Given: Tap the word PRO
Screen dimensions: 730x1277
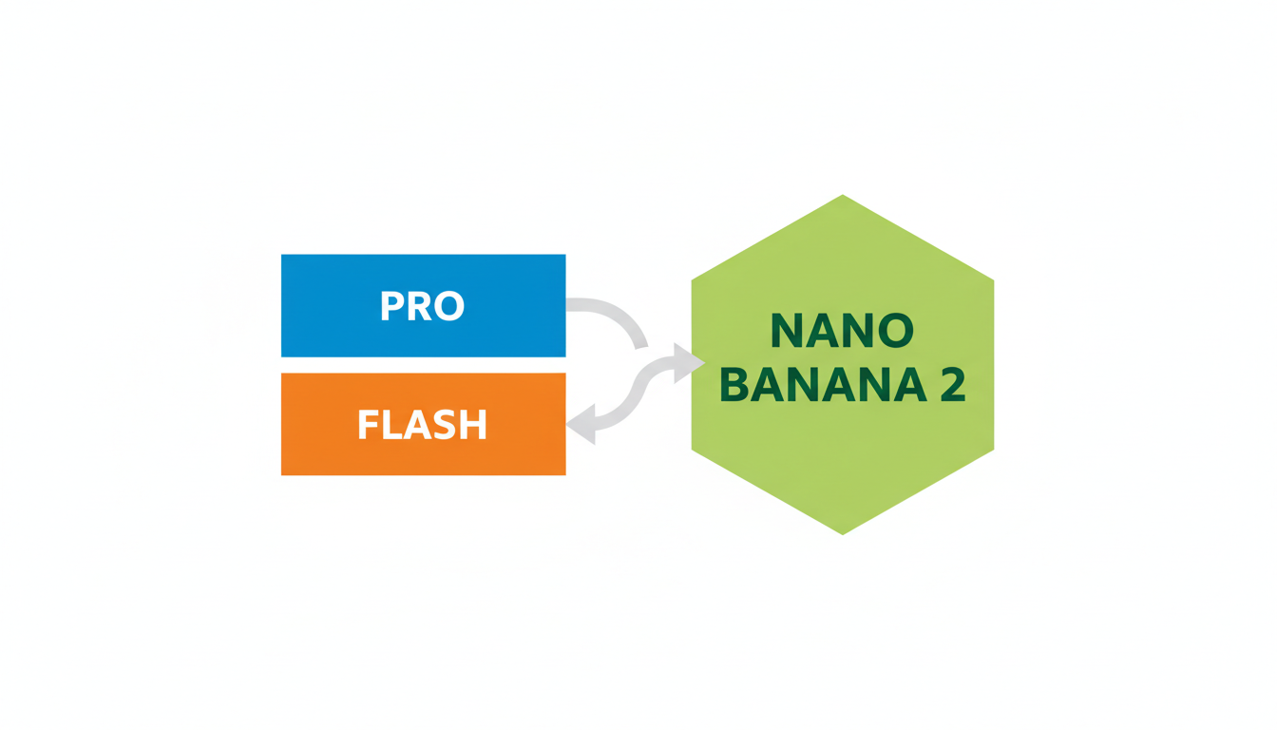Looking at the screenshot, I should coord(422,306).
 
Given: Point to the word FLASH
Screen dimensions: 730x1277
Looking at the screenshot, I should coord(422,425).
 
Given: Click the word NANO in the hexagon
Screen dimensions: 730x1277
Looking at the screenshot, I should coord(842,331).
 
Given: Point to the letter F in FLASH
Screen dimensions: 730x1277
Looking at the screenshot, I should coord(367,425).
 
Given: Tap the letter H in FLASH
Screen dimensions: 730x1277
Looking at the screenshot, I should coord(475,425).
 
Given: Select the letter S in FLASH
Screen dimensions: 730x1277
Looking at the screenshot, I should coord(447,425).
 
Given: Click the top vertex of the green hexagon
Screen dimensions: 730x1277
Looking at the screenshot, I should coord(843,198).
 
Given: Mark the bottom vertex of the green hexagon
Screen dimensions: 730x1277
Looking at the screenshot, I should coord(843,532).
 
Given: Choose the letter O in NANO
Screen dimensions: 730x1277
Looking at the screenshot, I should coord(895,331).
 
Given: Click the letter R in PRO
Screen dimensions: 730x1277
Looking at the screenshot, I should coord(420,306).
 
